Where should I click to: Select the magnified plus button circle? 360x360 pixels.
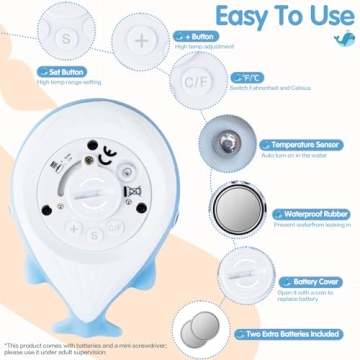[142, 40]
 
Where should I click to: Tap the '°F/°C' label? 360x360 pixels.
[245, 76]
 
